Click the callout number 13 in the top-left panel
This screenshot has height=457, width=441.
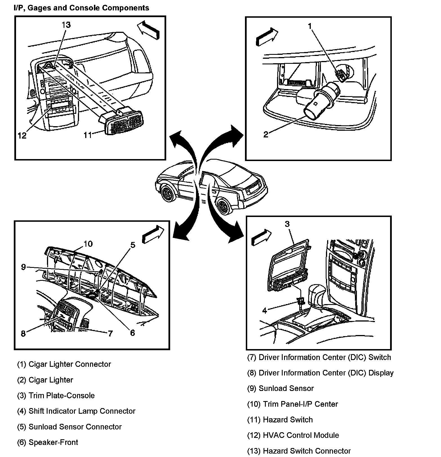66,25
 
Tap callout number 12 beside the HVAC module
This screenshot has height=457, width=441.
22,135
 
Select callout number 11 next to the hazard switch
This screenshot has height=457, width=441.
88,135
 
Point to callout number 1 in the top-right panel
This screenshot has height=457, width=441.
310,26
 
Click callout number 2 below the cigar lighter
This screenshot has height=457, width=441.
266,134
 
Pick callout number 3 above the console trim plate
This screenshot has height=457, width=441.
287,224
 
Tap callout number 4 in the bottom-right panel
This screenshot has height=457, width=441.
264,311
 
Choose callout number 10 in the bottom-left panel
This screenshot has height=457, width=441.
88,244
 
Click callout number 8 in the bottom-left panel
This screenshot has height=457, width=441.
23,333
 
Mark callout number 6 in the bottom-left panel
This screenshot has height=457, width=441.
132,333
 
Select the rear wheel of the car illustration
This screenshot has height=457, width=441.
224,207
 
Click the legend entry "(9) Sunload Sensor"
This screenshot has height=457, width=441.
280,388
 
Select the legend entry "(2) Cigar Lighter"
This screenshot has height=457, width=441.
45,380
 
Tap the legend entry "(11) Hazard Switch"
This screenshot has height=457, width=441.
280,420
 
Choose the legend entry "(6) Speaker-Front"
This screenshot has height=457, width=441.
48,442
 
